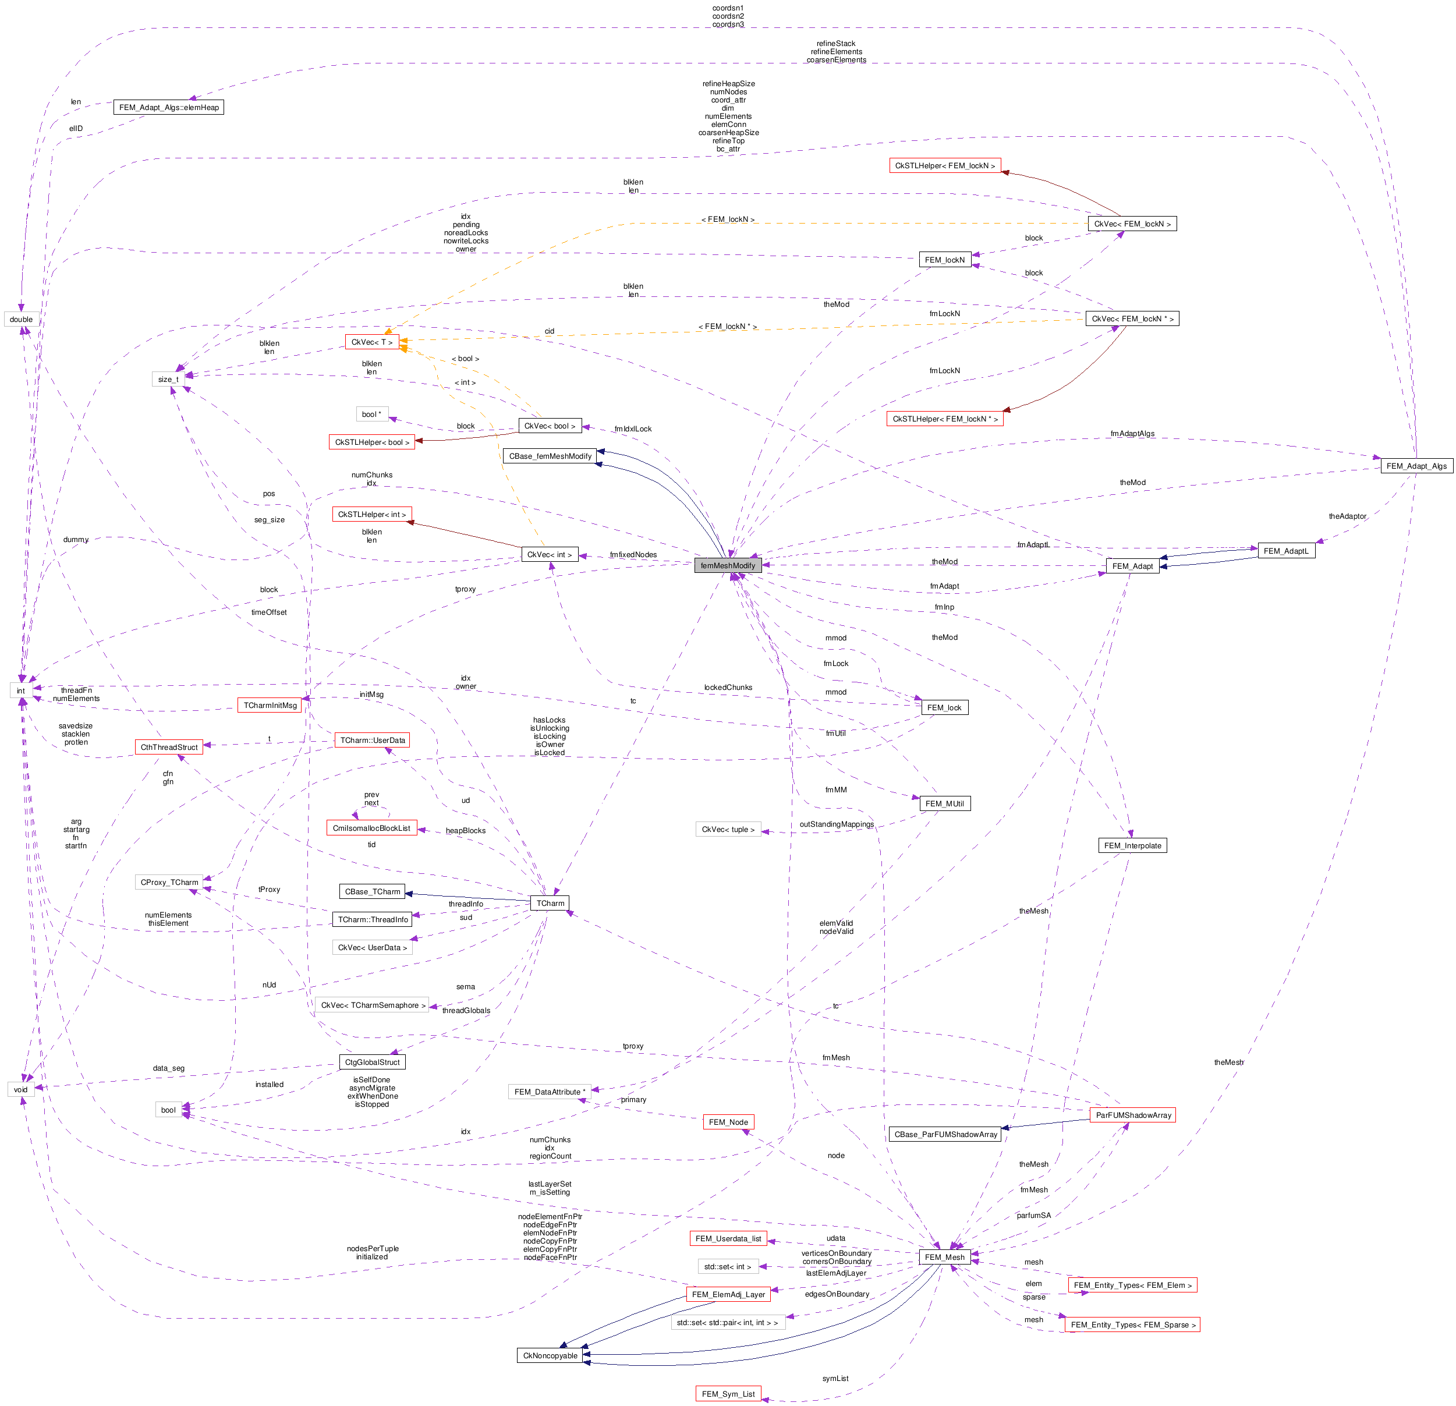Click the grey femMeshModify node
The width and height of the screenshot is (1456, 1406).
(728, 565)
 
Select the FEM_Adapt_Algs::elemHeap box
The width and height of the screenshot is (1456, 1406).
(169, 107)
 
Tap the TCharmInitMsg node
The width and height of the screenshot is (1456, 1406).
(270, 705)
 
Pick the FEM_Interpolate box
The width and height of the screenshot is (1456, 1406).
(1132, 845)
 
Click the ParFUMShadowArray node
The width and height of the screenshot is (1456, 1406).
(1133, 1115)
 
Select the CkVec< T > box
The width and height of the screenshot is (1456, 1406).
(371, 342)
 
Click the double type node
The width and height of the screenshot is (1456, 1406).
(21, 320)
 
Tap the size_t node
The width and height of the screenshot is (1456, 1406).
(168, 379)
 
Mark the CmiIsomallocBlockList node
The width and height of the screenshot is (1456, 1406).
(371, 828)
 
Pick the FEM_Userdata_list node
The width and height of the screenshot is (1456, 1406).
(728, 1238)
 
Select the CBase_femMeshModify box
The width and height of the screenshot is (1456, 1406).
(551, 456)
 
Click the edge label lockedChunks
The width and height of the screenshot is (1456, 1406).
(728, 687)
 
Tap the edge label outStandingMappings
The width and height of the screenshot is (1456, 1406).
(837, 824)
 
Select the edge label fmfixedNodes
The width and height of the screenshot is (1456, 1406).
(633, 554)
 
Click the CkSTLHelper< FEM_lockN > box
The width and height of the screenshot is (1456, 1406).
(945, 165)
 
